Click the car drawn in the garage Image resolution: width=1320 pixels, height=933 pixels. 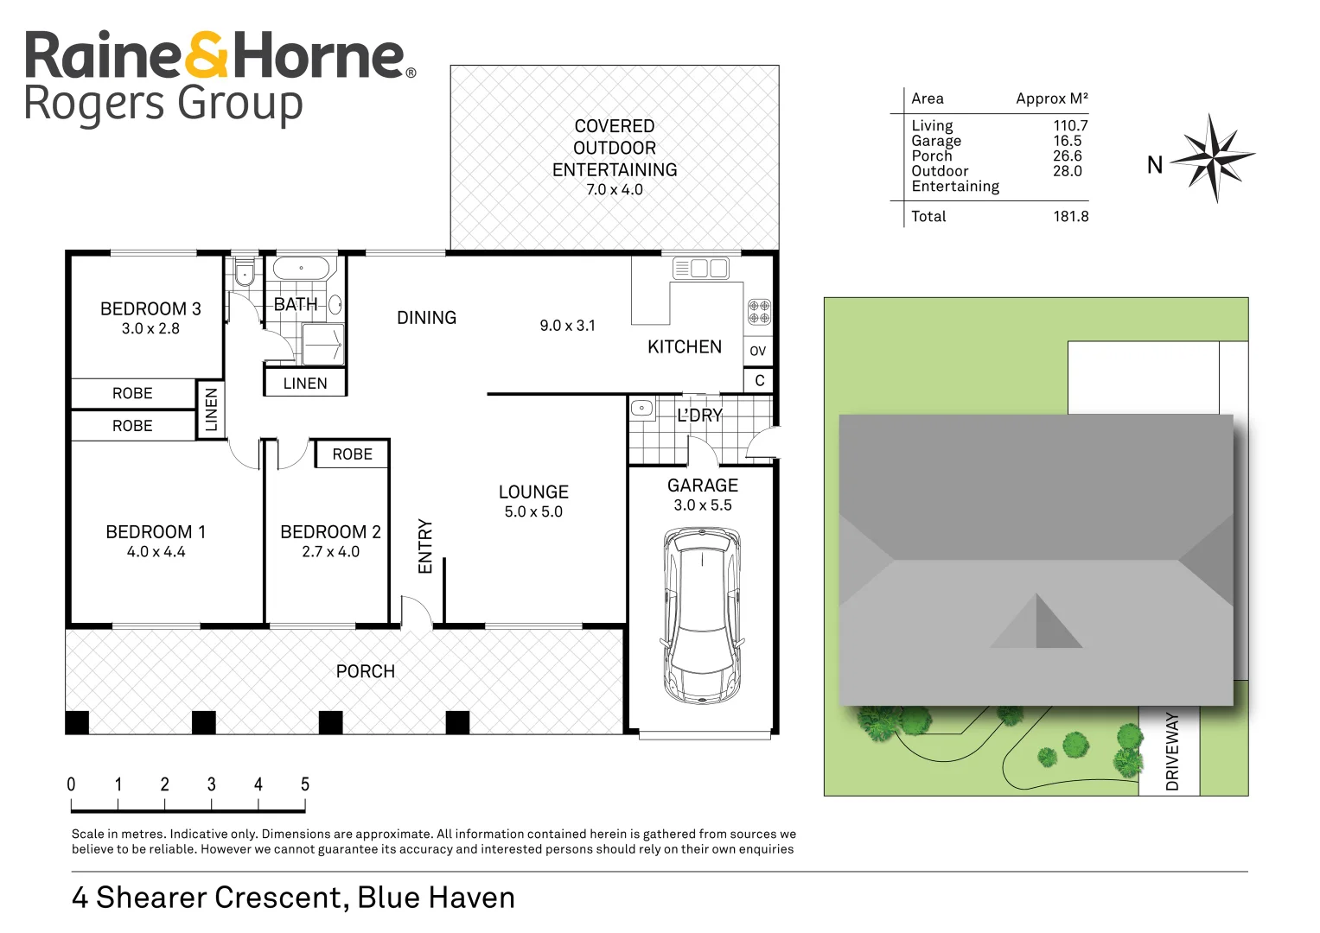[702, 615]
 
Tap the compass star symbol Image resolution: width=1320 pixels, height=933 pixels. [1213, 158]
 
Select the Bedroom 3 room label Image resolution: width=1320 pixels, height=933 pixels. [150, 308]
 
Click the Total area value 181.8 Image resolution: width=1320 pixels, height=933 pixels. [1071, 216]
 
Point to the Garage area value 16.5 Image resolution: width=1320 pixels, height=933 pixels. [1068, 141]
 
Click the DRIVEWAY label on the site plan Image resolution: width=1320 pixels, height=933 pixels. [1172, 752]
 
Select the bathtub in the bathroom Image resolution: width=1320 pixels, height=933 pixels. [301, 268]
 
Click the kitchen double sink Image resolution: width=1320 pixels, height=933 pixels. [701, 269]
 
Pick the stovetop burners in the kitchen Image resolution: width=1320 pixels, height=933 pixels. [758, 312]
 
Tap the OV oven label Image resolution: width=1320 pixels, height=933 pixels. [758, 351]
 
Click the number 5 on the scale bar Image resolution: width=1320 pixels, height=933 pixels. [304, 784]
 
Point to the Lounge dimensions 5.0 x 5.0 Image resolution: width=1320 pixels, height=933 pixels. [533, 511]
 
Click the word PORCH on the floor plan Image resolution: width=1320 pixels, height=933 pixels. [366, 671]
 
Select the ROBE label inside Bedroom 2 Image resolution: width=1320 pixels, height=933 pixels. [353, 454]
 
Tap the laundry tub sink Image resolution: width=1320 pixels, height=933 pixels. [642, 408]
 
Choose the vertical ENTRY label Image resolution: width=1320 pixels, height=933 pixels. [425, 546]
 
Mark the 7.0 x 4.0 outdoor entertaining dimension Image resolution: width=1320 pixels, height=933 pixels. [614, 190]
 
